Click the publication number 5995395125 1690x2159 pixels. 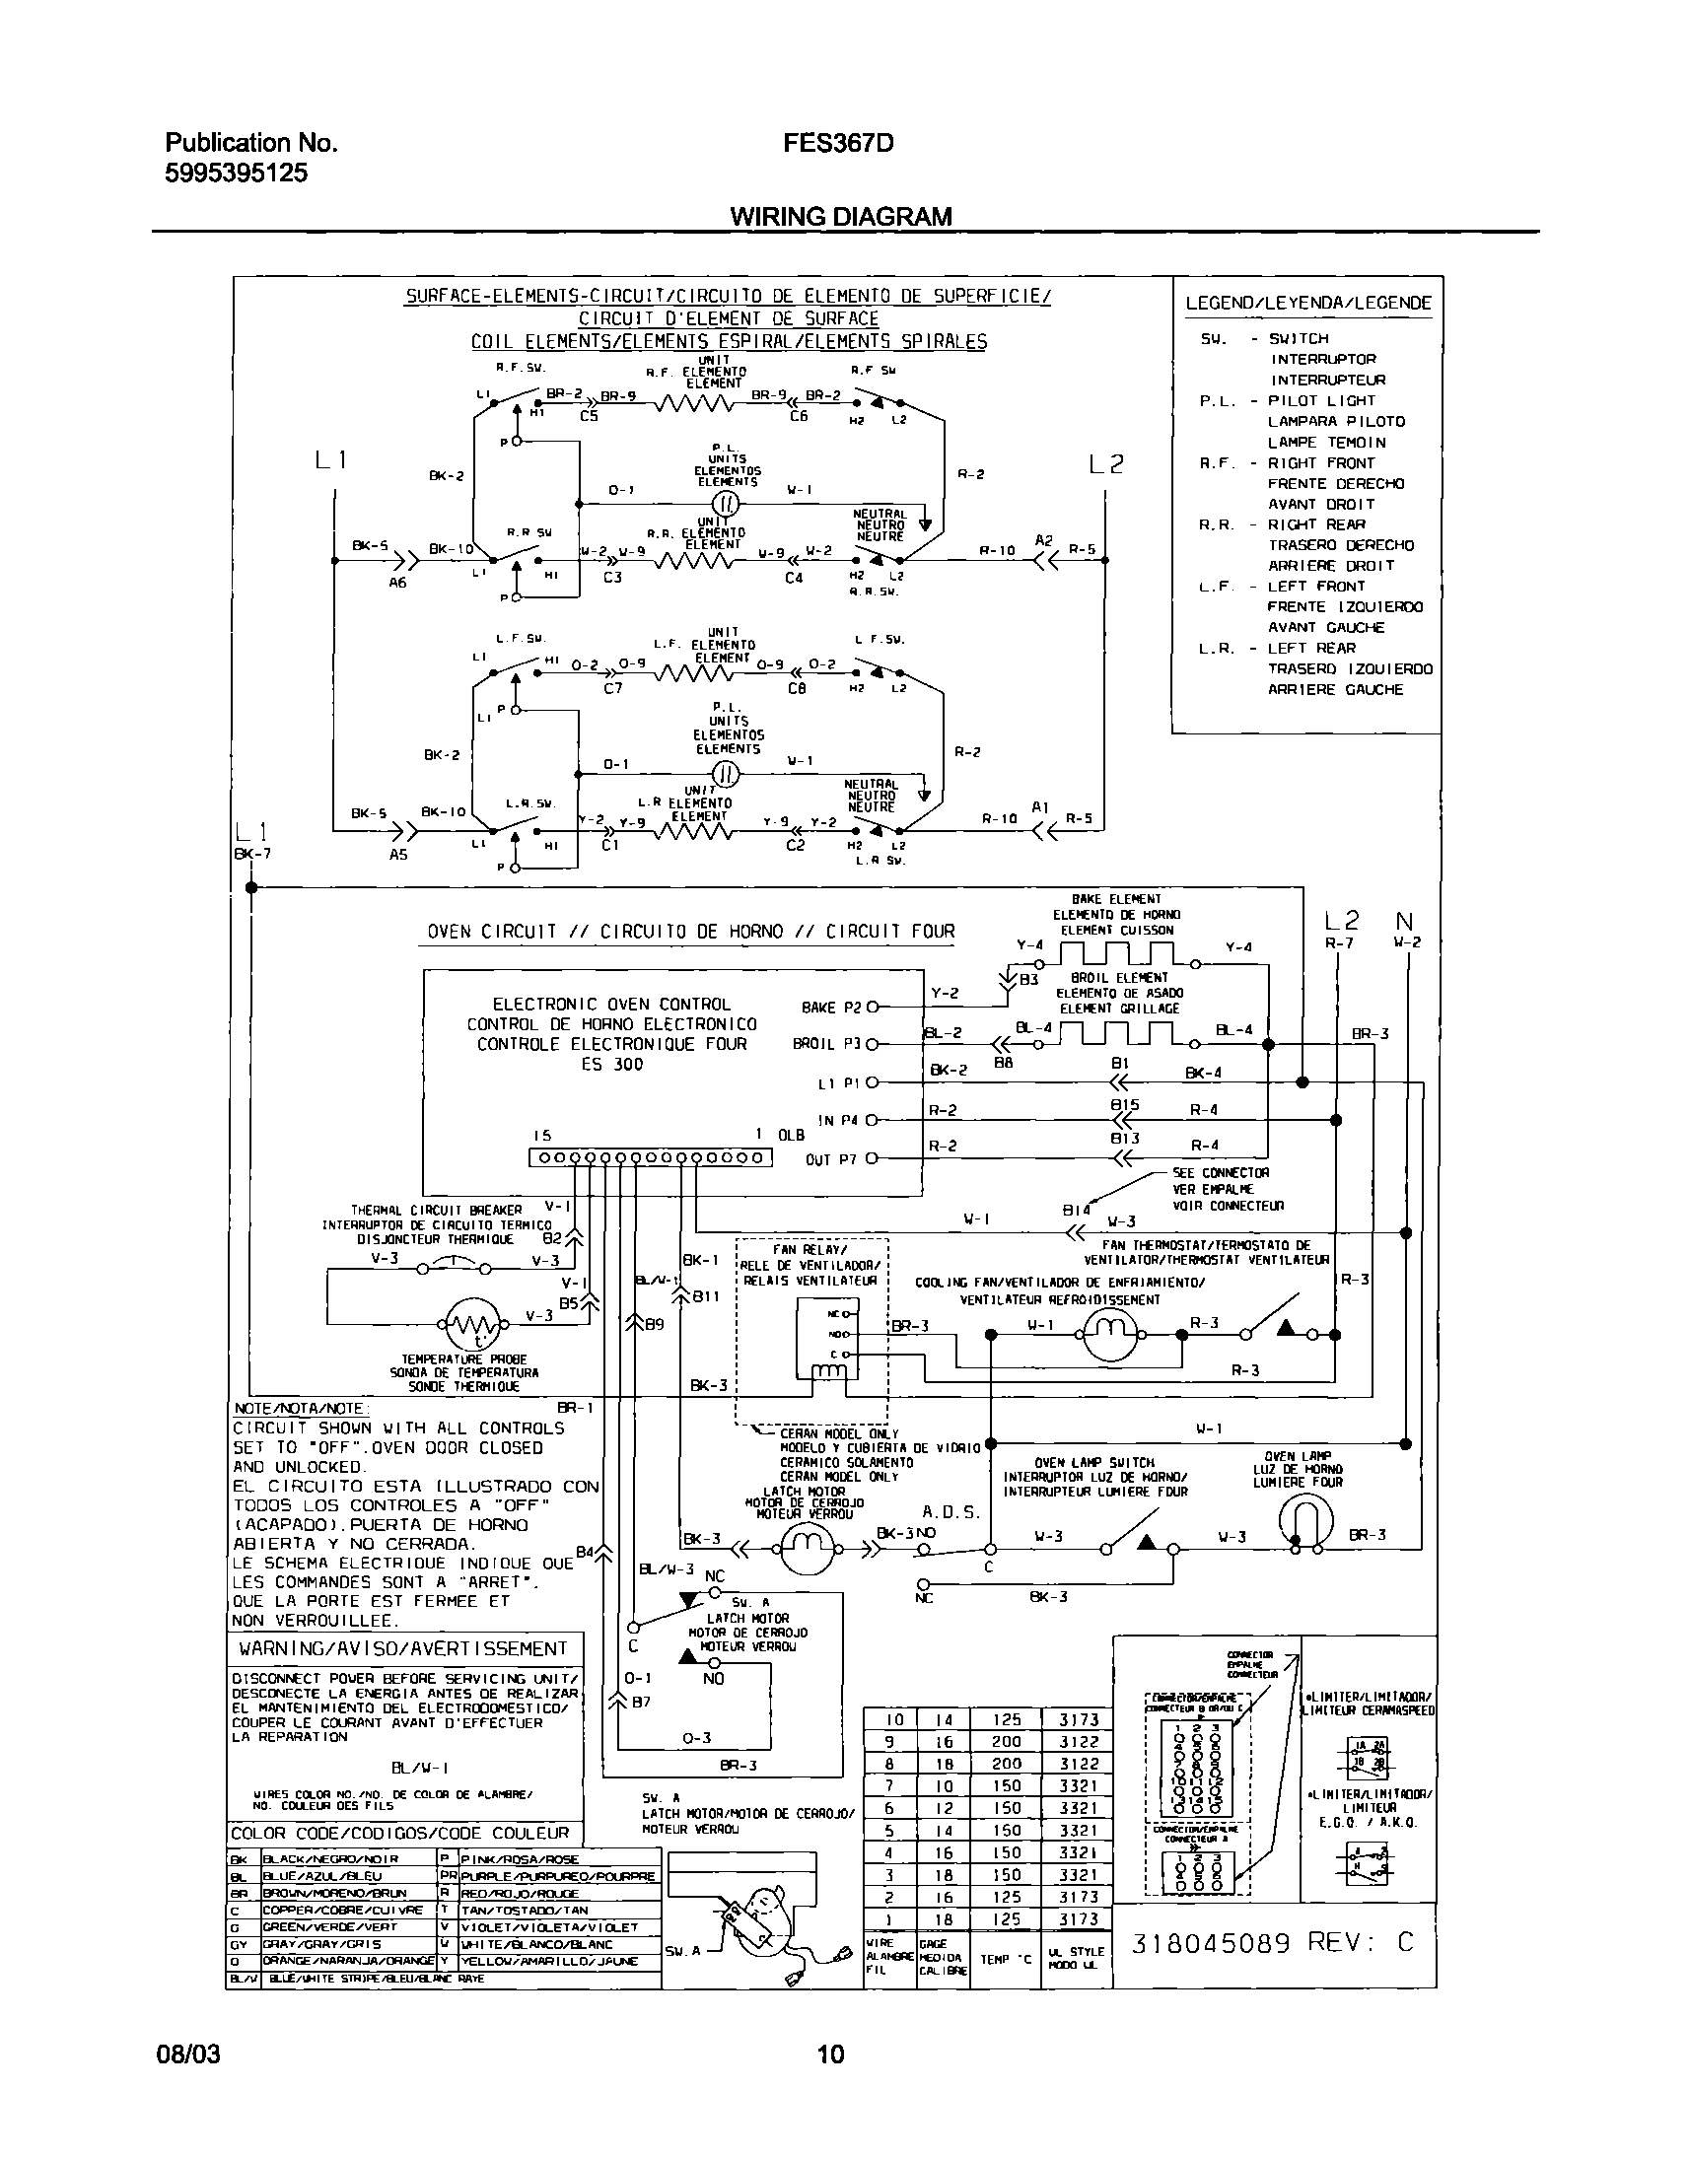236,174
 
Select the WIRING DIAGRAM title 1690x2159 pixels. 840,217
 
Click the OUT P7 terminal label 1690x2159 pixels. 830,1159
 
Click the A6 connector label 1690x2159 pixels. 396,584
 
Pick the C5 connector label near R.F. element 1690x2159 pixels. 589,417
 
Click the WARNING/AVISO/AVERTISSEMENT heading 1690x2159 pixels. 402,1648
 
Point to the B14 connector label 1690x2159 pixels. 1076,1210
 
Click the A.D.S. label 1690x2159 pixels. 950,1512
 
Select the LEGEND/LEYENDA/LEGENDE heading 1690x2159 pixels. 1308,303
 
